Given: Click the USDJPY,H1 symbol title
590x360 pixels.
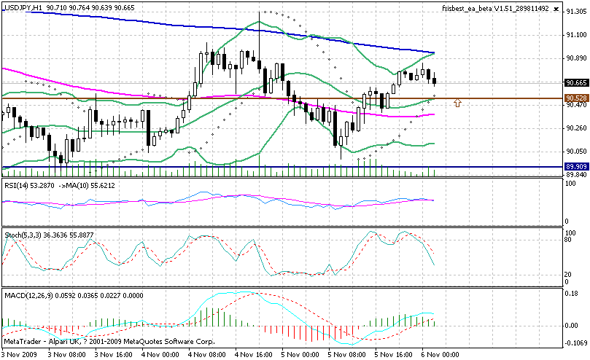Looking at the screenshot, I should click(23, 7).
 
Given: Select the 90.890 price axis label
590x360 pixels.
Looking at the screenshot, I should click(576, 58).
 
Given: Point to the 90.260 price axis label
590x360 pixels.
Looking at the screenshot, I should click(576, 128).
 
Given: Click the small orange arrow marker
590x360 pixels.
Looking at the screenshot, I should click(457, 103).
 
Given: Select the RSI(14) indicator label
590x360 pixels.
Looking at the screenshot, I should click(18, 185).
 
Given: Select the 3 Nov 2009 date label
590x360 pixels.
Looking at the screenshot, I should click(20, 354).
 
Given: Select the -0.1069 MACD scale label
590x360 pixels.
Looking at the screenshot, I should click(576, 343).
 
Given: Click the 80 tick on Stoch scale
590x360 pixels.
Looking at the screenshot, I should click(570, 238).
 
